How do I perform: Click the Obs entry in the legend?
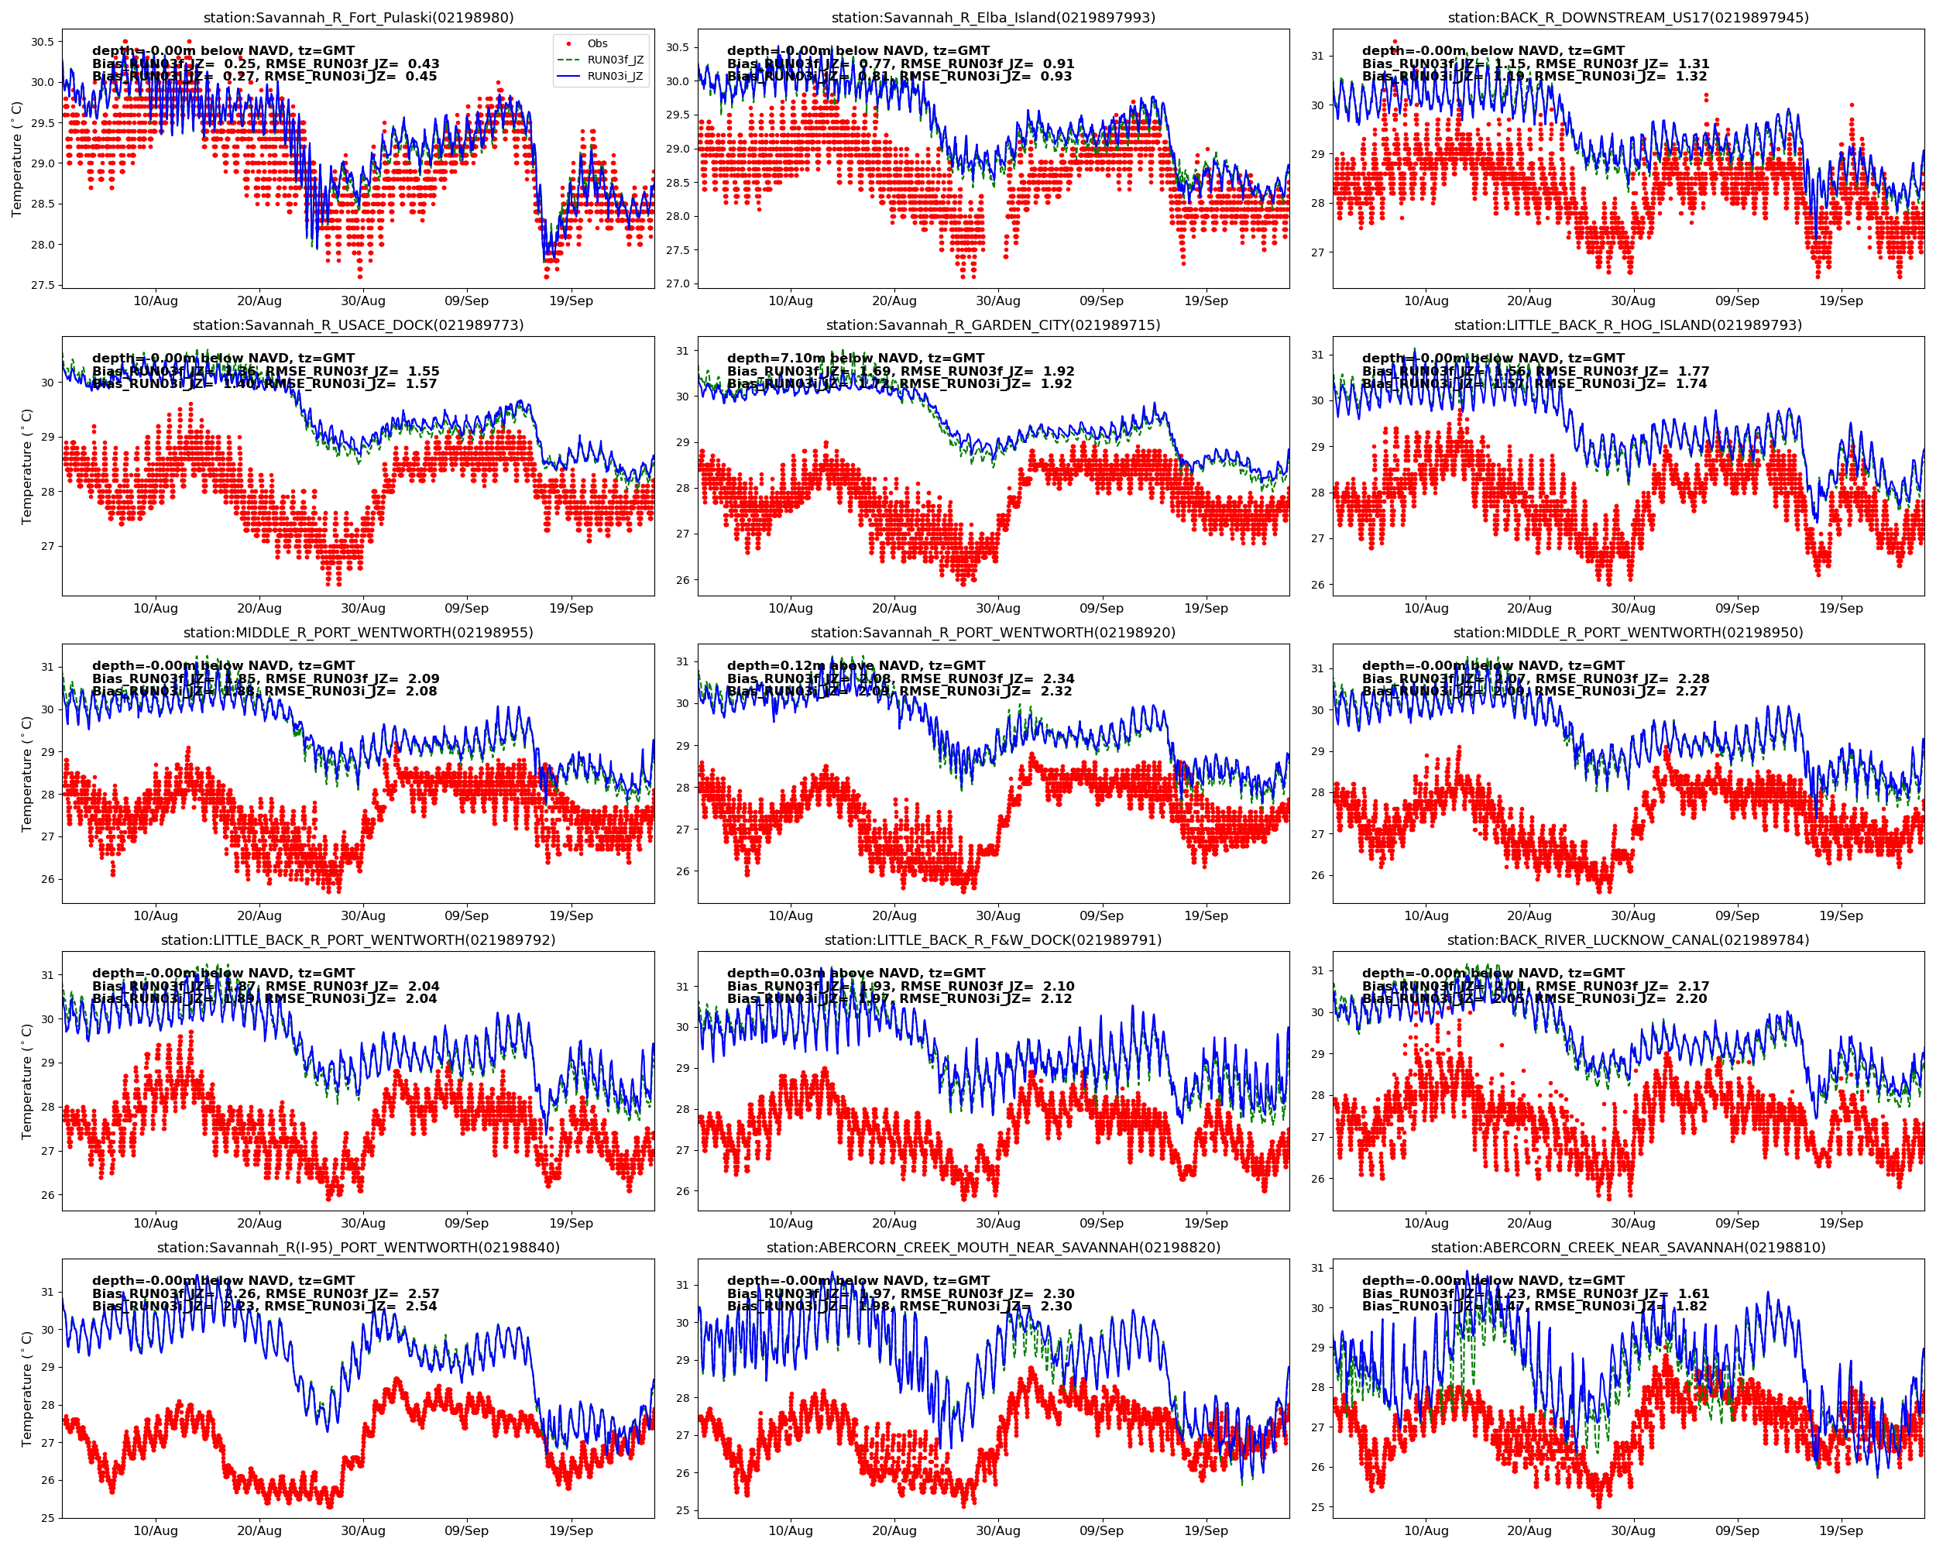pos(597,44)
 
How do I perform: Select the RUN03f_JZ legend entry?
pos(614,60)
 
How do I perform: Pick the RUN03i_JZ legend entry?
pos(614,77)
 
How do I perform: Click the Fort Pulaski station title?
pos(359,18)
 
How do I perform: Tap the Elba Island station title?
pos(993,18)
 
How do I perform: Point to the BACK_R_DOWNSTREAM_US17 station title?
pos(1628,18)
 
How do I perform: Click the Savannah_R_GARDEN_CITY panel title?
pos(993,325)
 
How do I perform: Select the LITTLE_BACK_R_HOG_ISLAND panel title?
pos(1628,325)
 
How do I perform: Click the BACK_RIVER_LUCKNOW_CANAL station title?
pos(1628,940)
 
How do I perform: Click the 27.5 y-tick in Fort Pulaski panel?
pos(41,286)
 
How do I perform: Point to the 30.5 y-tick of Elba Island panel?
pos(677,47)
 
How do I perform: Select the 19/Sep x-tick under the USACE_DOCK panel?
pos(571,609)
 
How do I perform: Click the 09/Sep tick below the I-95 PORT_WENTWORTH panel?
pos(467,1531)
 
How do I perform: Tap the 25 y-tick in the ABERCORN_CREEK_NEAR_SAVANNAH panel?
pos(1317,1508)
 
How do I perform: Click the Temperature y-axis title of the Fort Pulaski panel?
pos(17,159)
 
